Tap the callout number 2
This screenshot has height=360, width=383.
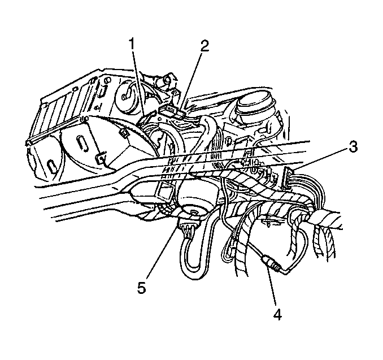tap(204, 46)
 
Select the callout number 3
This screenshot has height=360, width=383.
tap(352, 146)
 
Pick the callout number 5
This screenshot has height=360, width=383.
tap(142, 287)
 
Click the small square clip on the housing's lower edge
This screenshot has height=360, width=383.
tap(101, 158)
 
